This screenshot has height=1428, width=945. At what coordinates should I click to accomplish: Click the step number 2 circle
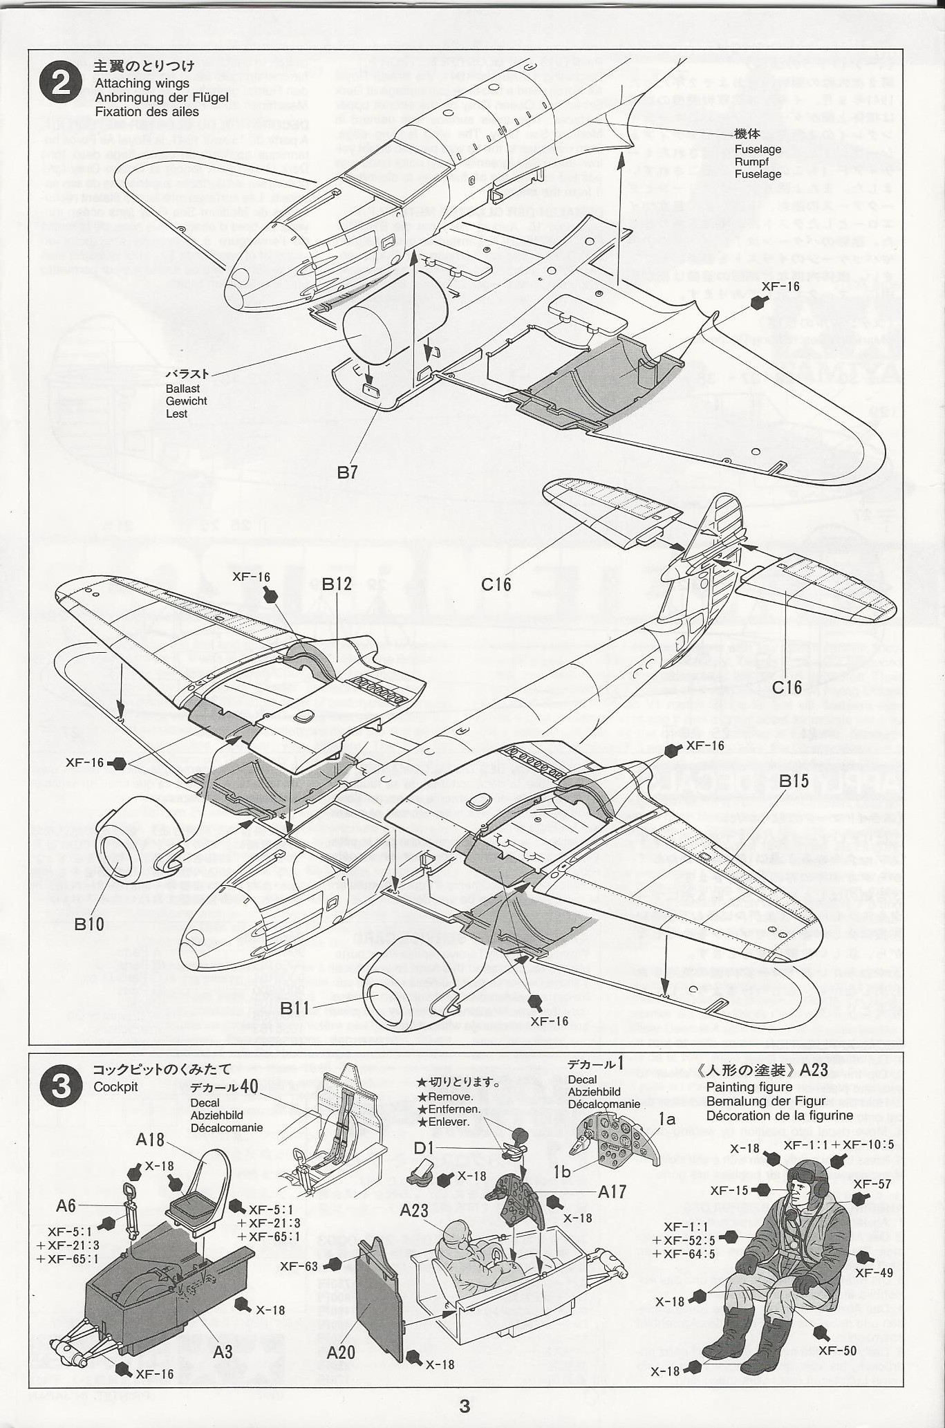[x=61, y=85]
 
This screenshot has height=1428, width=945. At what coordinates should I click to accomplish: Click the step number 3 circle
[x=61, y=1086]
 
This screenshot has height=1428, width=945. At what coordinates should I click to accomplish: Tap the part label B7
[x=347, y=472]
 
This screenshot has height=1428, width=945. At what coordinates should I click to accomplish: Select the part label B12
[x=337, y=584]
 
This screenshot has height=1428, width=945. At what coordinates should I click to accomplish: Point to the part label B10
[x=89, y=924]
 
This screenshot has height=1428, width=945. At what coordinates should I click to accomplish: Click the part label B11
[x=295, y=1008]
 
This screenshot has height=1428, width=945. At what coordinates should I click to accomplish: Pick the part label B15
[x=794, y=781]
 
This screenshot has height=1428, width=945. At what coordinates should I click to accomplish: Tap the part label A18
[x=150, y=1140]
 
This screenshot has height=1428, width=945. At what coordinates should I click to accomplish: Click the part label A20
[x=341, y=1351]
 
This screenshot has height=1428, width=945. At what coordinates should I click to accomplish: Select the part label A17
[x=612, y=1191]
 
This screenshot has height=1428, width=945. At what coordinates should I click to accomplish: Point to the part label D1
[x=424, y=1148]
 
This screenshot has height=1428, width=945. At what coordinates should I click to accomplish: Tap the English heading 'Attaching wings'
[x=142, y=83]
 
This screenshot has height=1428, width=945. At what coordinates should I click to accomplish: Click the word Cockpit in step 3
[x=115, y=1087]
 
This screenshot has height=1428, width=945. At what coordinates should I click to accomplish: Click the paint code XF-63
[x=299, y=1266]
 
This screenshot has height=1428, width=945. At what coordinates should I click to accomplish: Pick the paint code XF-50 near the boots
[x=840, y=1350]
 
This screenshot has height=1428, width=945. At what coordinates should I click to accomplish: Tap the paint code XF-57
[x=872, y=1183]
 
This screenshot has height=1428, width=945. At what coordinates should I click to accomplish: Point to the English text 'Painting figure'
[x=749, y=1087]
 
